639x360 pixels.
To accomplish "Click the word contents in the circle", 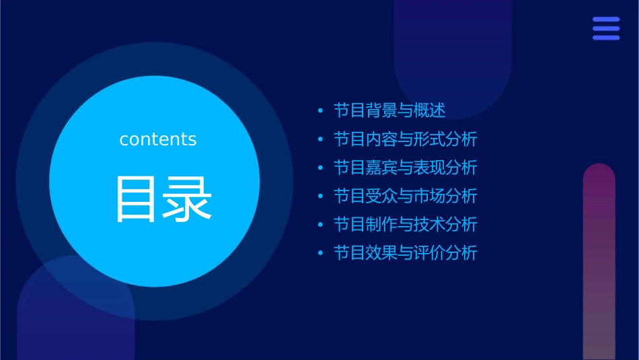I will (x=158, y=139).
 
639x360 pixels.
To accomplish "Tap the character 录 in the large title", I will (x=188, y=199).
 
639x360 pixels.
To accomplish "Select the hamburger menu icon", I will (x=606, y=29).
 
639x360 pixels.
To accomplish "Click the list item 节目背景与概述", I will (x=389, y=110).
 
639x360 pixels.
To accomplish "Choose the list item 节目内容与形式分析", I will (x=405, y=139).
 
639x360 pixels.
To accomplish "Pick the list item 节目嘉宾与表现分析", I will (x=405, y=168).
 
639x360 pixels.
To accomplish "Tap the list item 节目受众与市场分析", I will (x=405, y=196).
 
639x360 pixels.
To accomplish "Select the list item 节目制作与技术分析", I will (x=405, y=224).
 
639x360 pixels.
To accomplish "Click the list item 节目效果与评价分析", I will (x=405, y=253).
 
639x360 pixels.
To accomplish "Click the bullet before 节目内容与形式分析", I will (x=320, y=139).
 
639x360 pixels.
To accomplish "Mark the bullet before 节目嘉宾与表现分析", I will (x=320, y=168).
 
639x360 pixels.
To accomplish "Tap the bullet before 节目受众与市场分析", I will (x=320, y=196).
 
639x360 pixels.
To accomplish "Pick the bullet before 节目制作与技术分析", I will (x=320, y=225).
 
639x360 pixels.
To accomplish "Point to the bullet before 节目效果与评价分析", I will (x=320, y=253).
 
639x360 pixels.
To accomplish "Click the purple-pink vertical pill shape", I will (x=599, y=262).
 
